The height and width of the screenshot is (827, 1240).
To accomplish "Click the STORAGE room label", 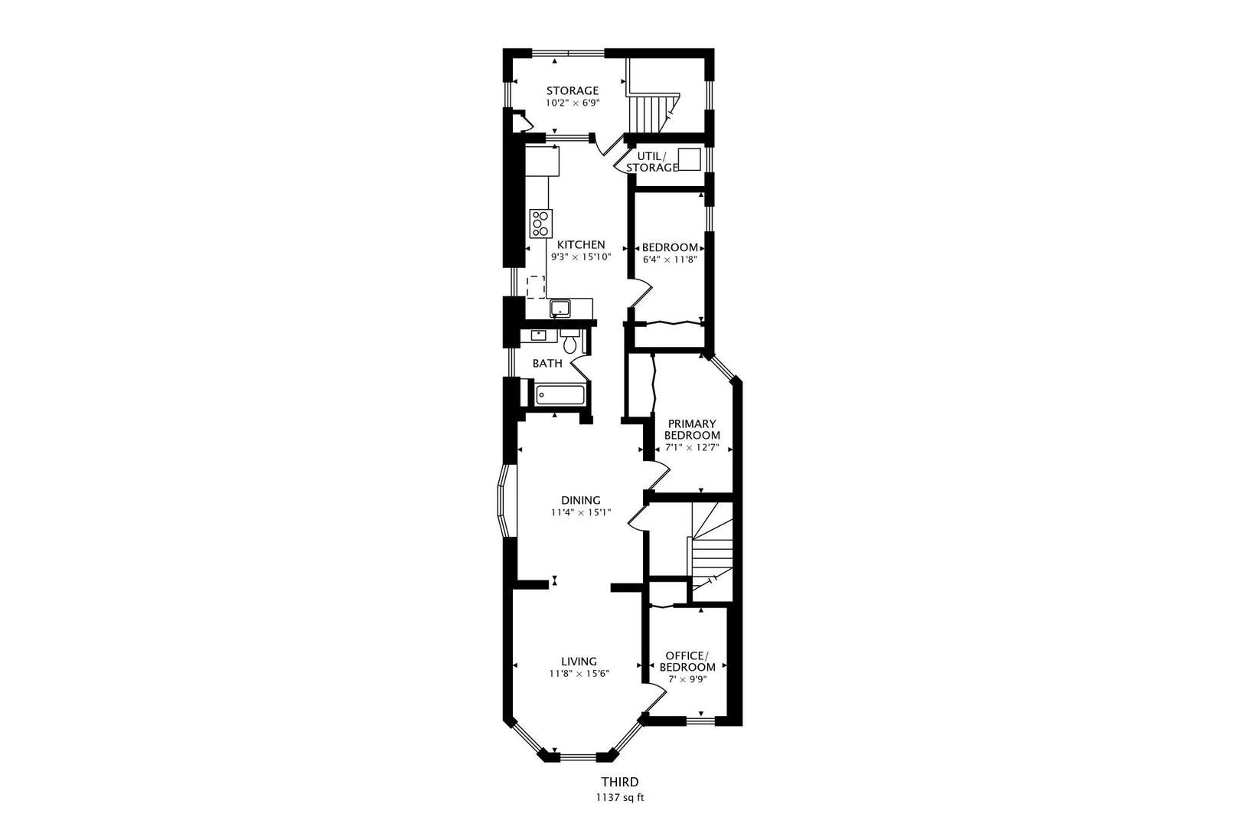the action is point(573,91).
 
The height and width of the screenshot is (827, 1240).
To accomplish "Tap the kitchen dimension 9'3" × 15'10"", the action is point(581,257).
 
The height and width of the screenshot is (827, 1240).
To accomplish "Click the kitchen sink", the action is point(560,308).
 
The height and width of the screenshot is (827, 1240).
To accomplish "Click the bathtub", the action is point(560,395).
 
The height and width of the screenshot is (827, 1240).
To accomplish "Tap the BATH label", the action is point(547,364).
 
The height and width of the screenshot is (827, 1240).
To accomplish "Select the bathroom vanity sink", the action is point(537,335).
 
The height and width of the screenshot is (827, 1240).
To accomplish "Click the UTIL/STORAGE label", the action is point(652,162).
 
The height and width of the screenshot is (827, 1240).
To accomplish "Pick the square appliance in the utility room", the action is point(689,159).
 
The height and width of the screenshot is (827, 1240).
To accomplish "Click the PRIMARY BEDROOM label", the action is point(692,430).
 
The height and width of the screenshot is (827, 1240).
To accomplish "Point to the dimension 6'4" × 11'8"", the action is point(669,260).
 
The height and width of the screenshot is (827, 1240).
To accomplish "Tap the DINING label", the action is point(581,500).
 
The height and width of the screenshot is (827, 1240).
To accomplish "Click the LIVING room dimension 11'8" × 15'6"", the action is point(579,674).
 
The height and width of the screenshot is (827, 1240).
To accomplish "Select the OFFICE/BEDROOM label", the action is point(687,662).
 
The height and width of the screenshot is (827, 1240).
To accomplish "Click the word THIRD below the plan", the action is point(620,782).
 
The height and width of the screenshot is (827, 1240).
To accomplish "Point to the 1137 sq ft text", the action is point(620,798).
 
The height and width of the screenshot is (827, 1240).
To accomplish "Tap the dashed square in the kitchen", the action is point(535,287).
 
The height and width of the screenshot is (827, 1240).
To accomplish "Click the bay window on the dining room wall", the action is point(506,501).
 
